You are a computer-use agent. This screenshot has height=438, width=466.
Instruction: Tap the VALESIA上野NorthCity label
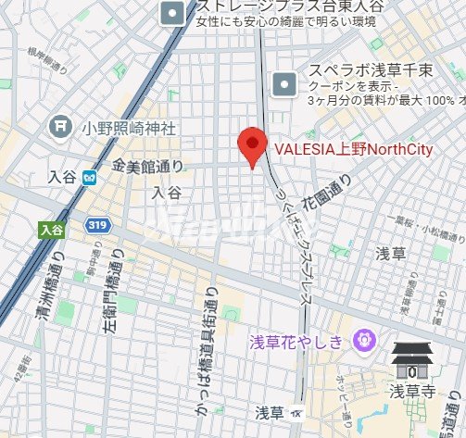pos(354,148)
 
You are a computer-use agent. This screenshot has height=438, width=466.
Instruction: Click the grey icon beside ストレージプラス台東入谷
pos(172,12)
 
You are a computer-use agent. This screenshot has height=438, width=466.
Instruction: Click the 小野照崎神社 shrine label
pos(127,127)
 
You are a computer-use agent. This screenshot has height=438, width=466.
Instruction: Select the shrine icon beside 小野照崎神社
pos(61,124)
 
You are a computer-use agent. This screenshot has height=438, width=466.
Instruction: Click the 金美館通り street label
pos(147,167)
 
